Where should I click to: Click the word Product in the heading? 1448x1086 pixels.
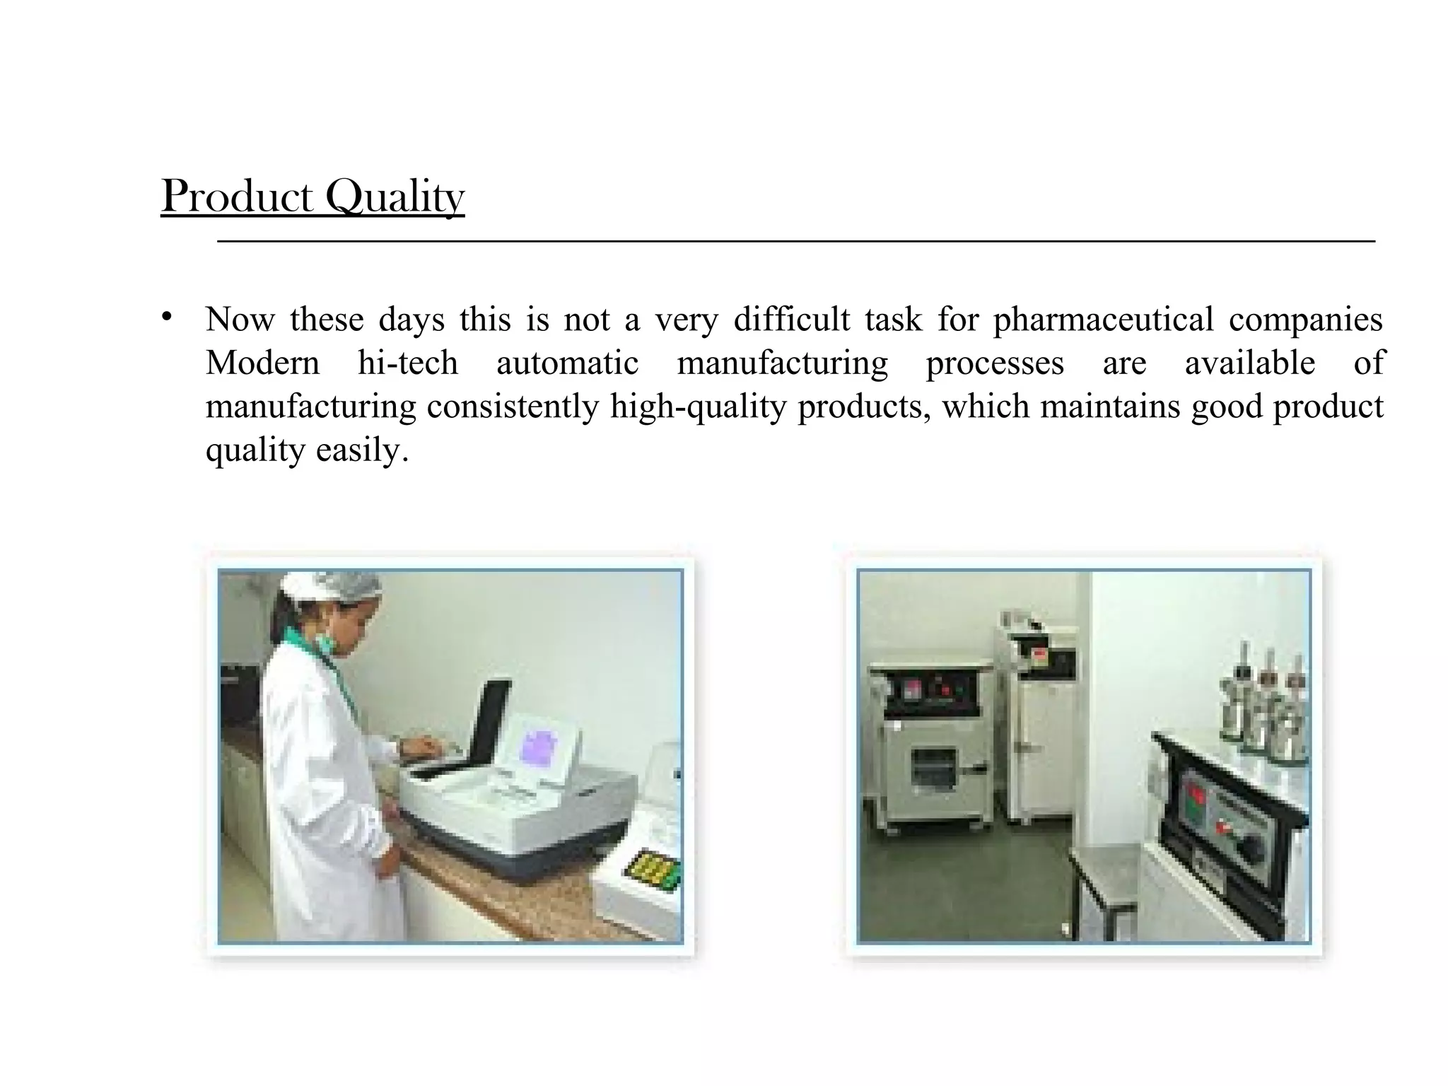tap(237, 196)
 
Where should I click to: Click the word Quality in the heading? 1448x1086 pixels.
tap(395, 197)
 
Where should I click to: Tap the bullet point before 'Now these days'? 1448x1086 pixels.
tap(167, 317)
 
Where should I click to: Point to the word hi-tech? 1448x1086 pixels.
tap(408, 363)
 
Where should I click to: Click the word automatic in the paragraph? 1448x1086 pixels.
tap(567, 363)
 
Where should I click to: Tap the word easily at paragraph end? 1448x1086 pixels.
tap(362, 450)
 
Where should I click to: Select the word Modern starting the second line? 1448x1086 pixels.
tap(262, 363)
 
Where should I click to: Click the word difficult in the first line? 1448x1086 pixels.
tap(792, 320)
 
